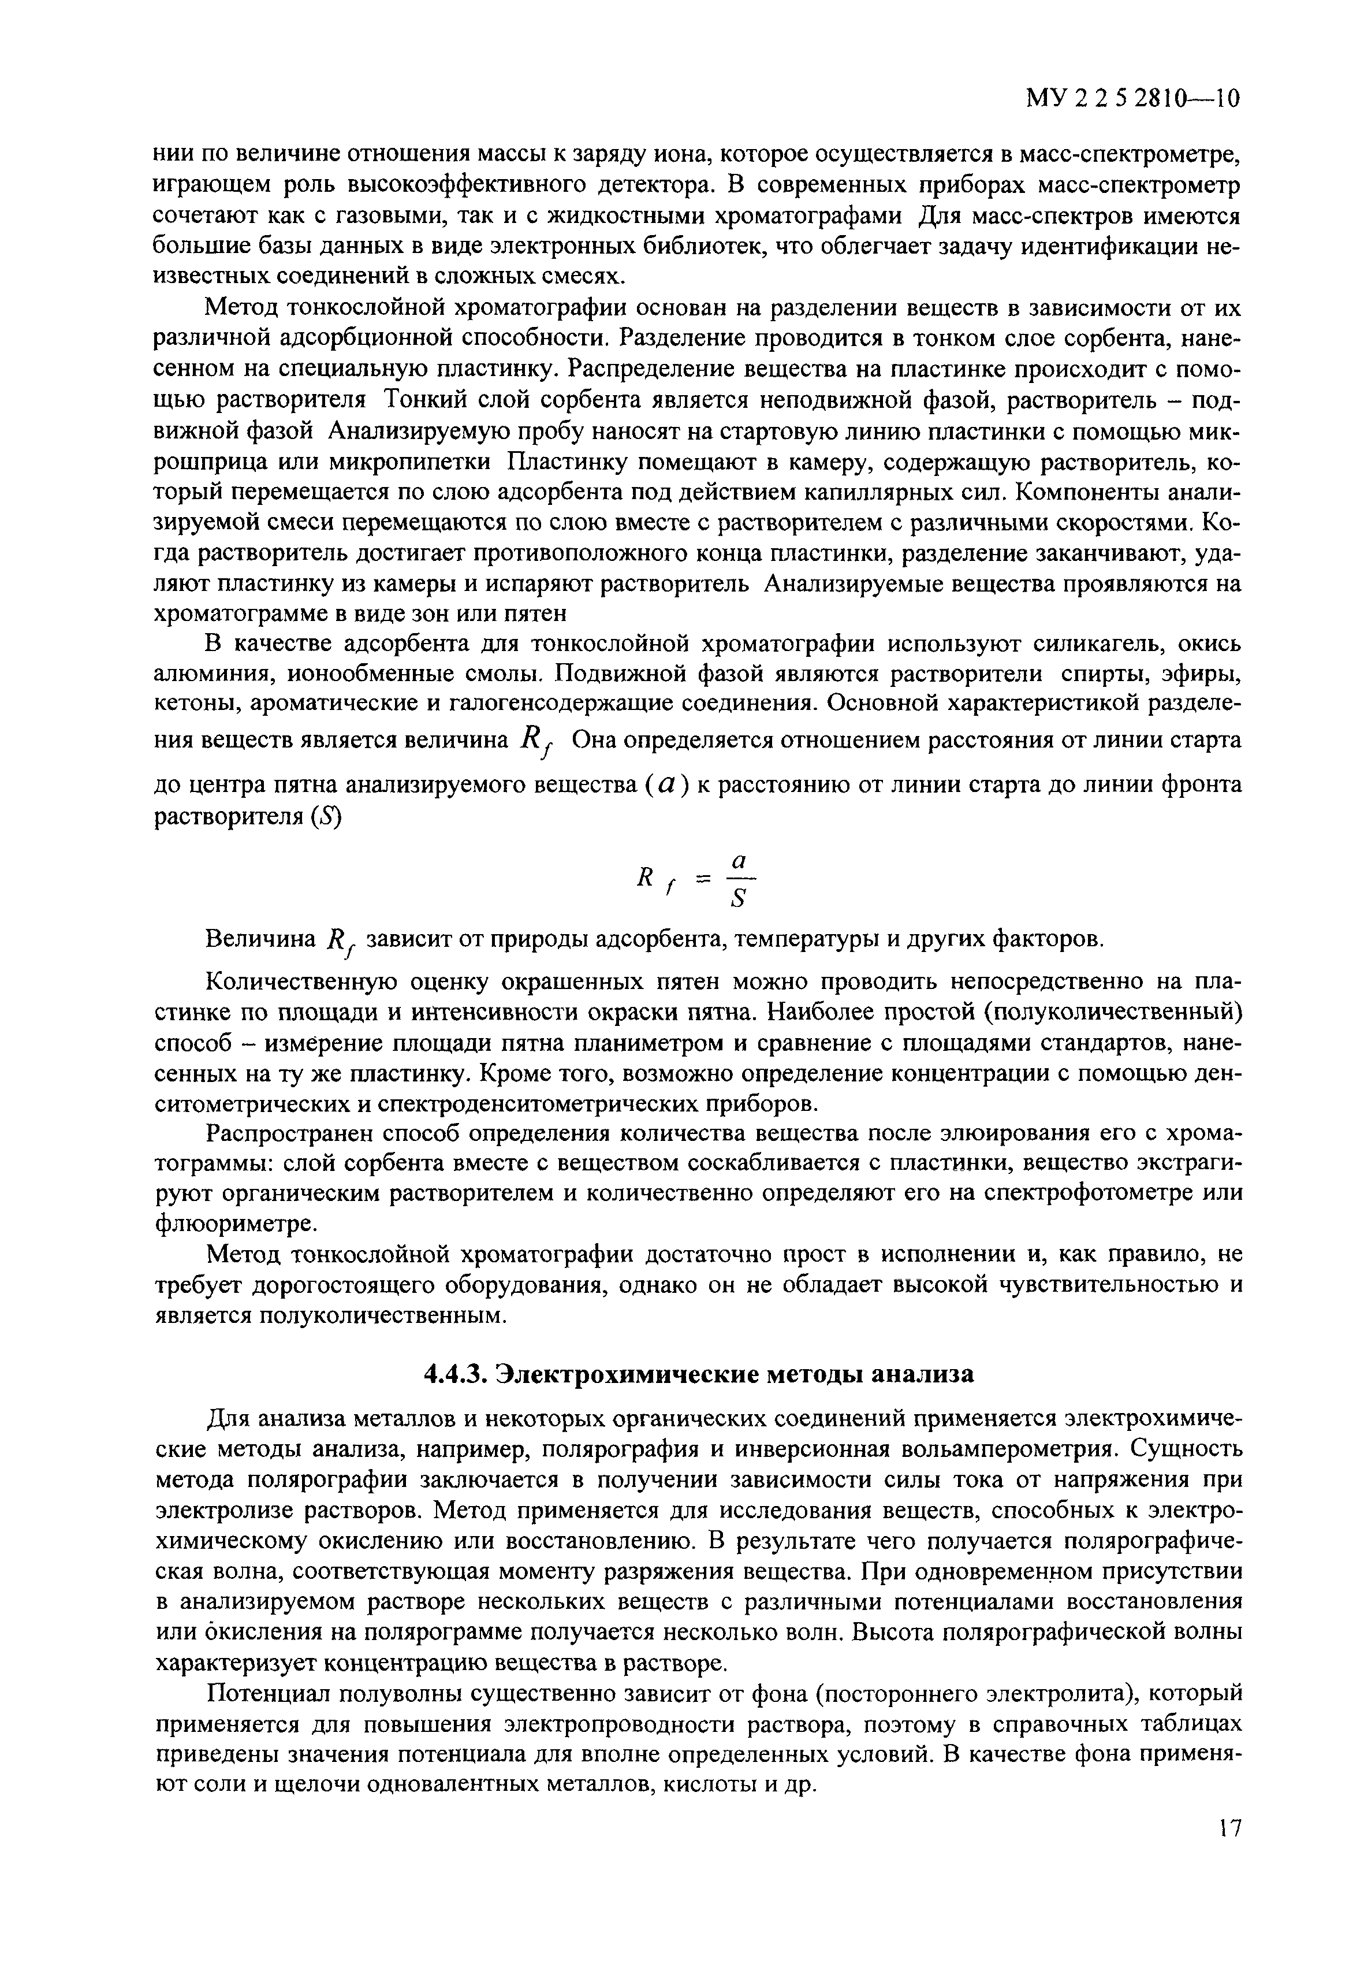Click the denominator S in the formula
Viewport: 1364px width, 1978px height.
click(x=740, y=899)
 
